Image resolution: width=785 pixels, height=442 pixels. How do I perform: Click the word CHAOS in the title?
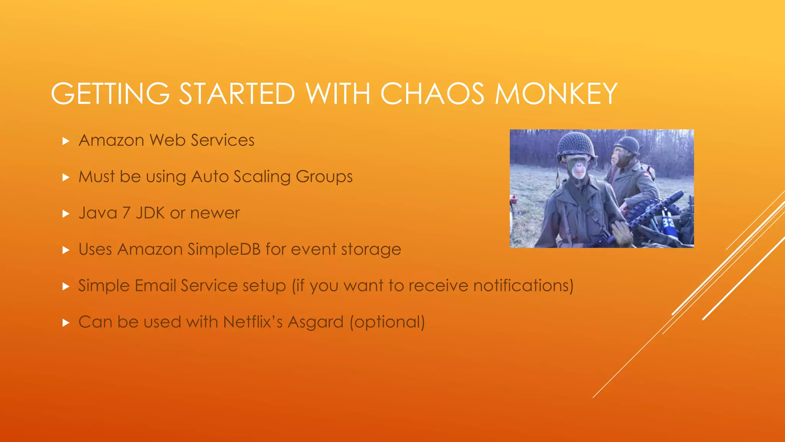[432, 94]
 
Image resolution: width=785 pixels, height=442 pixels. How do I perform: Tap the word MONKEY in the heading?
[555, 94]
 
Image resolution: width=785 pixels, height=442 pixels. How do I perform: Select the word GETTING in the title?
[110, 94]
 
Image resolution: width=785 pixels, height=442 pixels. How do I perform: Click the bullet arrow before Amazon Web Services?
[66, 141]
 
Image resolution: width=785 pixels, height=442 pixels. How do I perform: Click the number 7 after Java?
[126, 213]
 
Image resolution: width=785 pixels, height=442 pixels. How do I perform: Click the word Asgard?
[315, 322]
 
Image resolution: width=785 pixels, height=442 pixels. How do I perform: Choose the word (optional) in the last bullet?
[387, 322]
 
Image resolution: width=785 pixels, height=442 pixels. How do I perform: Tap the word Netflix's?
[253, 322]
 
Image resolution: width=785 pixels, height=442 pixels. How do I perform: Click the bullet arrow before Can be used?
[66, 323]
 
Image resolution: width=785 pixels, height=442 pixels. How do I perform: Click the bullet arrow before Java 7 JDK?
[66, 214]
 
